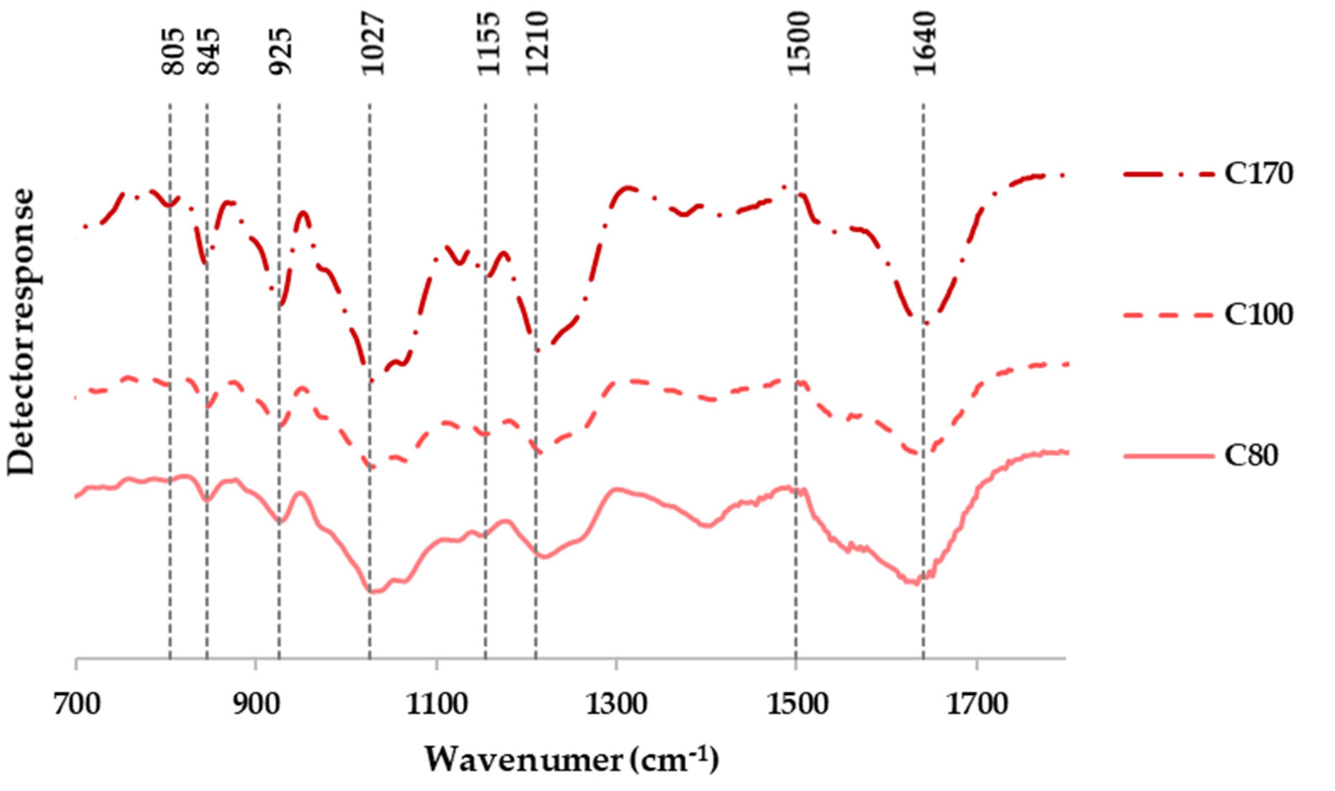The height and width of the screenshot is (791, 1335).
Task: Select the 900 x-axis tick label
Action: [257, 705]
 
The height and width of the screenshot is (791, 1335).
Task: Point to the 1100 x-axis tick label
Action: [437, 705]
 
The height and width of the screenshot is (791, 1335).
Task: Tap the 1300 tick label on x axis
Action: [617, 705]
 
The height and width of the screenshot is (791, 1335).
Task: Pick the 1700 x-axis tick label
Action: [977, 705]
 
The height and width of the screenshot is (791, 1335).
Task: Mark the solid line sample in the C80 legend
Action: [1169, 456]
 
